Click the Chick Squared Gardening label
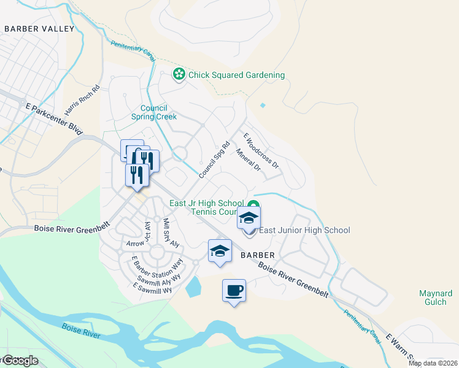coord(236,75)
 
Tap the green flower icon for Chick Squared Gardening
coord(179,75)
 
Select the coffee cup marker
coord(234,291)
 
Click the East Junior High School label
coord(304,231)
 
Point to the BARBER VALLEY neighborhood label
coord(39,28)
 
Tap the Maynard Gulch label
coord(436,298)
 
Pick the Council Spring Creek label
coord(154,112)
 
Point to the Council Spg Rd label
coord(214,161)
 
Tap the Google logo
coord(20,361)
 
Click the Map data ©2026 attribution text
coord(433,363)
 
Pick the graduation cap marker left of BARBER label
coord(220,251)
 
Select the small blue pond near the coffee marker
coord(192,286)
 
